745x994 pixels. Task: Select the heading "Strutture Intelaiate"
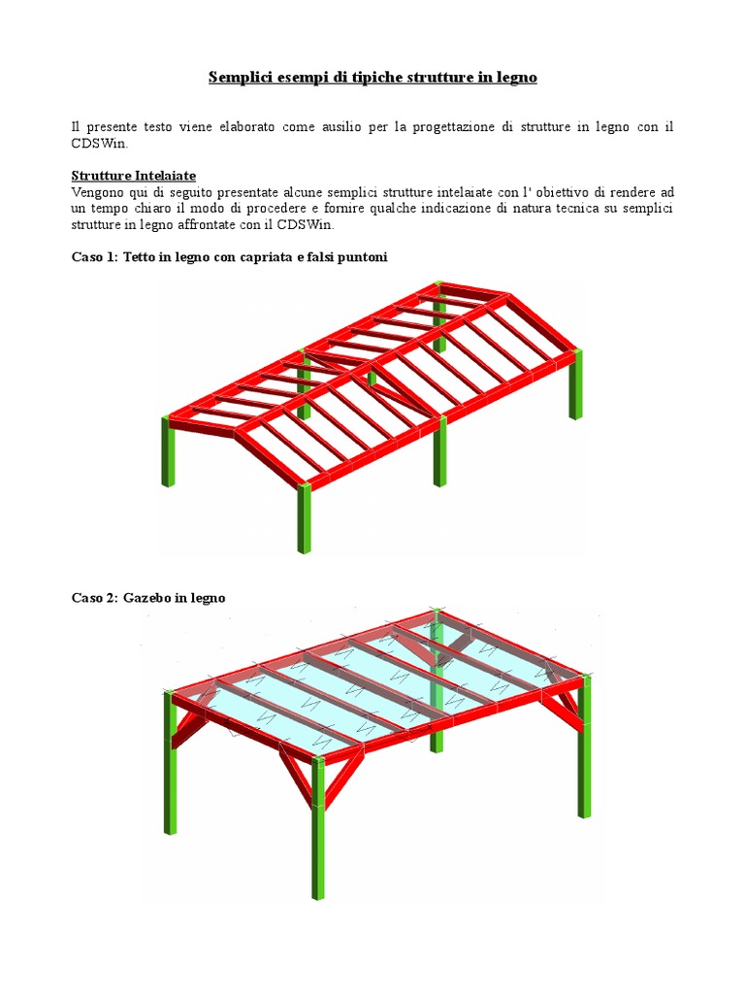(134, 176)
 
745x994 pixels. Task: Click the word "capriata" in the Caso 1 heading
(267, 257)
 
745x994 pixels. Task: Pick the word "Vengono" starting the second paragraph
(94, 192)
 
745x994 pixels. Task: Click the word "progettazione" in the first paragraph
(453, 127)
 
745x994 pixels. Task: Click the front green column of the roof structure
(305, 517)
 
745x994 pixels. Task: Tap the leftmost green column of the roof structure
(168, 450)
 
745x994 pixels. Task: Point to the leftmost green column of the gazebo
(171, 763)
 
